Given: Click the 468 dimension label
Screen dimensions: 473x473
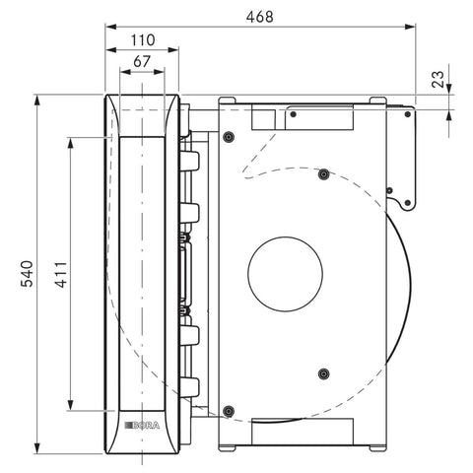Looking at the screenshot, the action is point(259,17).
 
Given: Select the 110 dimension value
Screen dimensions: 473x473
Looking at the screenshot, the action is point(143,40).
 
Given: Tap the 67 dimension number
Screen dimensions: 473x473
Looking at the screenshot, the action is point(142,61).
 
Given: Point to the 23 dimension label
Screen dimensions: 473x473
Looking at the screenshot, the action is point(439,79).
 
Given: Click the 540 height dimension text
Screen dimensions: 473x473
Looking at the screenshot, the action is point(27,274).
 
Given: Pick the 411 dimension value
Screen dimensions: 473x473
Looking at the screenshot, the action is point(61,275).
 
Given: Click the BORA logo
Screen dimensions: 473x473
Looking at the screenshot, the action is point(142,426).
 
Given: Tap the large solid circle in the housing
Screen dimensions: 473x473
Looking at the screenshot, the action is point(285,274).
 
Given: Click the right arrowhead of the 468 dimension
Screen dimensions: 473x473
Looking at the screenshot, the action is point(410,27).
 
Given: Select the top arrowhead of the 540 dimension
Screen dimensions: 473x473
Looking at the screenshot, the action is point(37,101).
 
